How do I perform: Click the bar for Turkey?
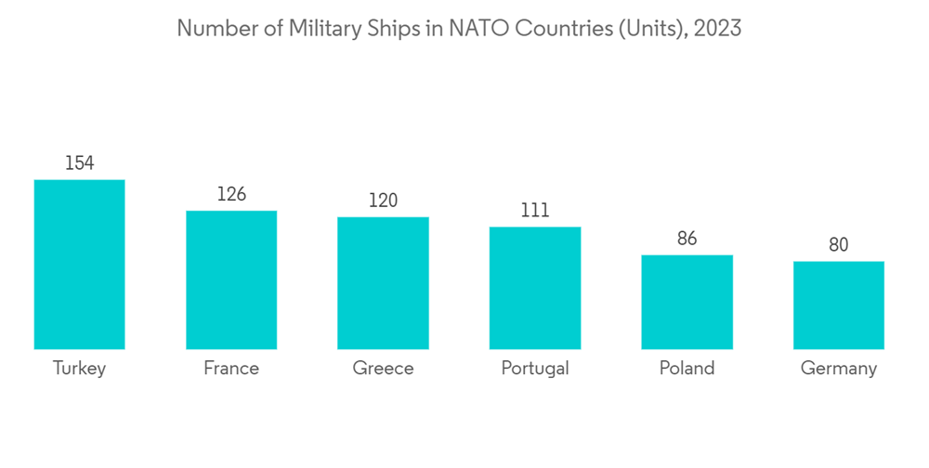pos(79,265)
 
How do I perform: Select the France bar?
pos(231,280)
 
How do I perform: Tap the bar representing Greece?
pos(383,283)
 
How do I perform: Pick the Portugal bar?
pos(535,288)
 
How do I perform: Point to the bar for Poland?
pos(687,302)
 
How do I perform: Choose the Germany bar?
pos(839,305)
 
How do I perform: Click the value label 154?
pos(79,163)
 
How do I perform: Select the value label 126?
pos(231,194)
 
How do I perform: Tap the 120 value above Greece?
pos(383,201)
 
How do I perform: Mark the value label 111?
pos(535,211)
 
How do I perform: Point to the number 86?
pos(687,239)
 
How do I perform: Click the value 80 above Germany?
pos(839,245)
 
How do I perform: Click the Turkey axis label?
pos(79,368)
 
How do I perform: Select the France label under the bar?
pos(231,368)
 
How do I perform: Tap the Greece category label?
pos(383,368)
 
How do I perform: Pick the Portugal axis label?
pos(535,369)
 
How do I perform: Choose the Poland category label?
pos(687,368)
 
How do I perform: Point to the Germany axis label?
pos(839,369)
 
